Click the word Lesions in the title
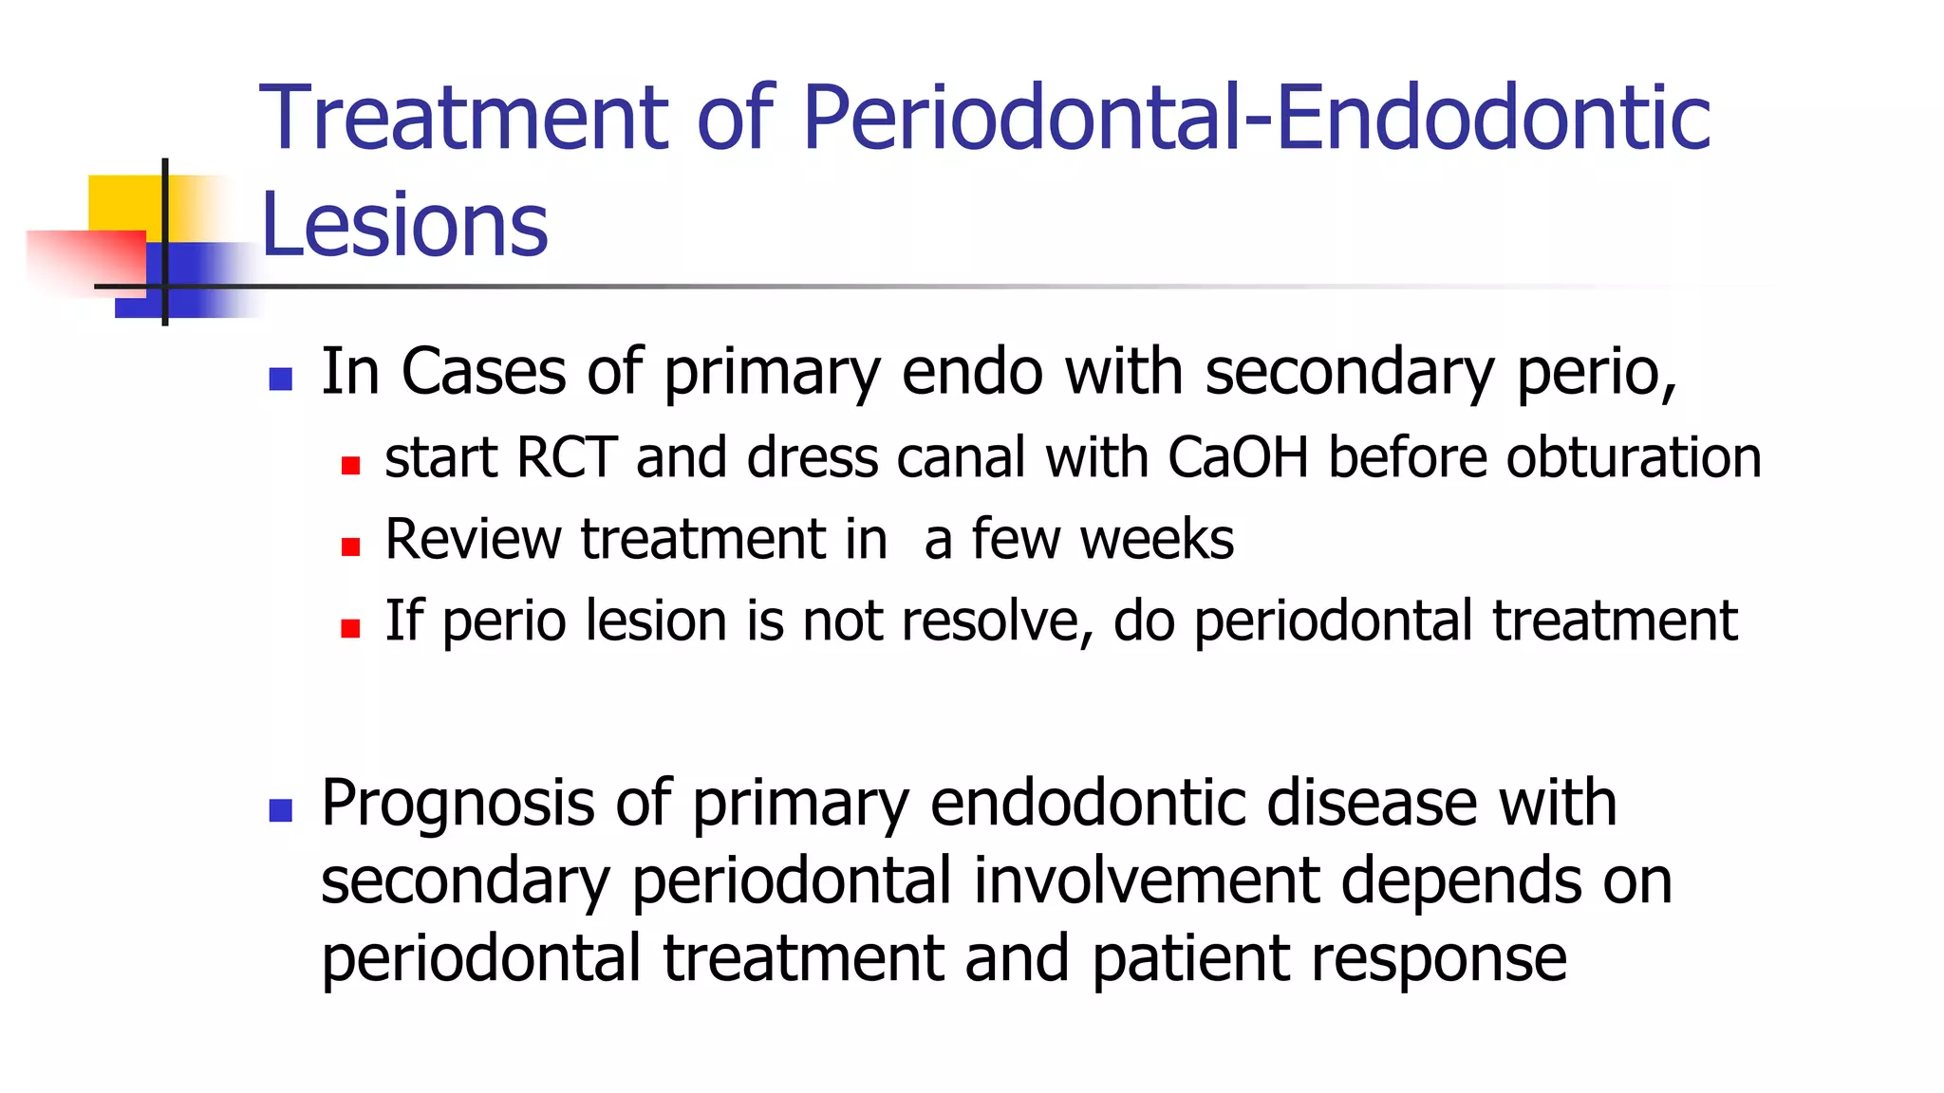[x=404, y=225]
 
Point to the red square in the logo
[x=85, y=262]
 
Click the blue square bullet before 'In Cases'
[x=280, y=380]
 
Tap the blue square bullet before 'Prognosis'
[x=280, y=810]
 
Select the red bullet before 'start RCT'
[x=350, y=466]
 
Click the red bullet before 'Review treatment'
[x=350, y=547]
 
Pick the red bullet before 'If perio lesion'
[x=350, y=628]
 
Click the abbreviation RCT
[x=567, y=458]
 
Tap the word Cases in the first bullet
[x=484, y=371]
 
